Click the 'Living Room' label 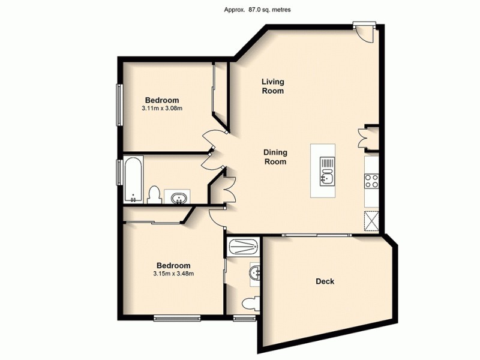tap(272, 86)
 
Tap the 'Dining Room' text tap(275, 157)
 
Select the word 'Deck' tap(325, 281)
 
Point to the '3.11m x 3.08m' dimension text tap(162, 109)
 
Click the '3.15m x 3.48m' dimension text tap(173, 274)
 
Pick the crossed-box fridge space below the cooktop tap(371, 221)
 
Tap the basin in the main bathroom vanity tap(179, 197)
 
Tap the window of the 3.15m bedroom tap(176, 317)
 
